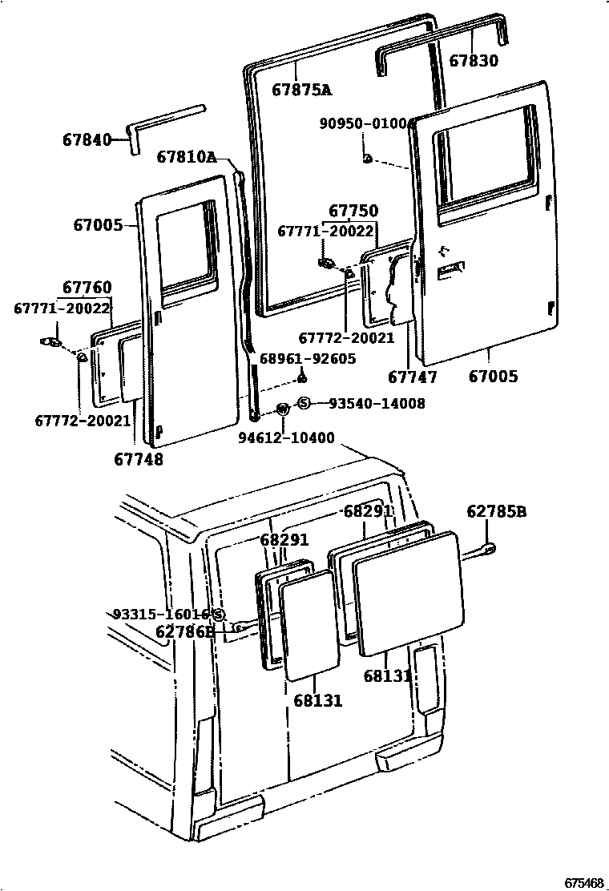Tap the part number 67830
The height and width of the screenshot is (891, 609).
click(473, 61)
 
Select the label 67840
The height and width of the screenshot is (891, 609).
click(87, 139)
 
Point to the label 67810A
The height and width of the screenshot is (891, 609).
click(186, 156)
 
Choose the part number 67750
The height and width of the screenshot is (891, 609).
click(353, 211)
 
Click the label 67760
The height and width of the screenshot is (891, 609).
click(87, 287)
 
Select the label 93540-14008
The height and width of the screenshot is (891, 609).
click(377, 404)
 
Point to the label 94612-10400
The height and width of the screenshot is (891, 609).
click(286, 437)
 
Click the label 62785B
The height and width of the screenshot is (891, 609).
click(498, 512)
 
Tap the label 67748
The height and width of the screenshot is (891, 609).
click(139, 459)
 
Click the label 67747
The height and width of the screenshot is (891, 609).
click(413, 376)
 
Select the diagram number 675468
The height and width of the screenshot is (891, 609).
click(583, 882)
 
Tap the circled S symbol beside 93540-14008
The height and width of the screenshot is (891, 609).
click(304, 404)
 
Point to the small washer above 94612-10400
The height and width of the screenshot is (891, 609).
click(282, 409)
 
